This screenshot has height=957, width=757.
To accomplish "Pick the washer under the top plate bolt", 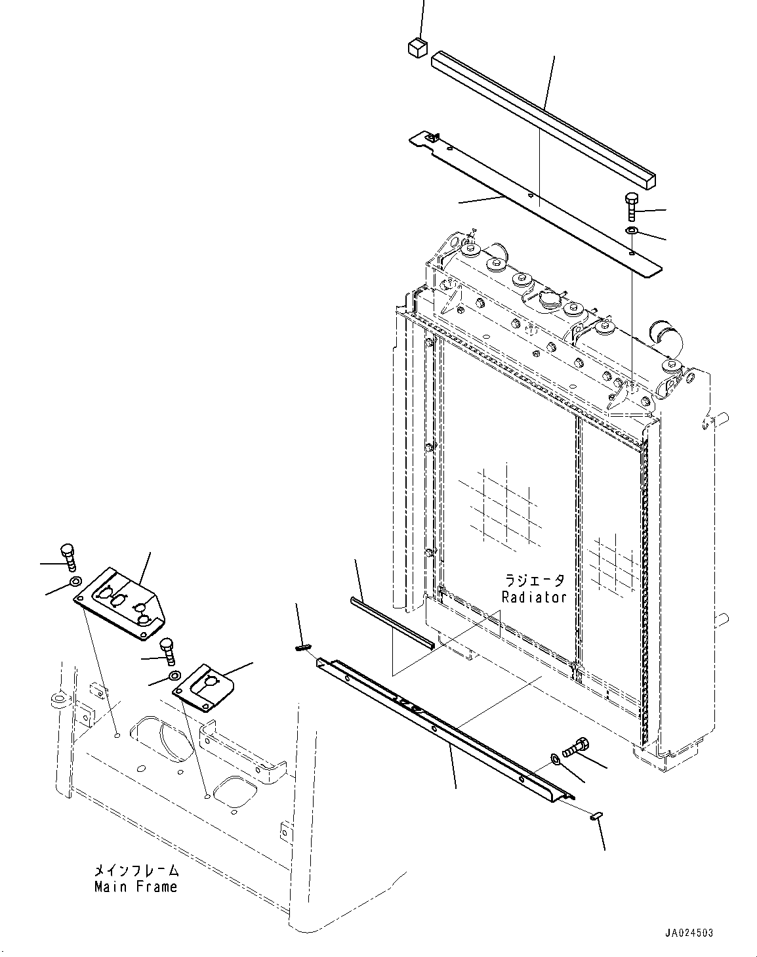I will (632, 230).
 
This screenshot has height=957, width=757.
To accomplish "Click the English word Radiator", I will (533, 597).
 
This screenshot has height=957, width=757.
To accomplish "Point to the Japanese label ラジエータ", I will (534, 581).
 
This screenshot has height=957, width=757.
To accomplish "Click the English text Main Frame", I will (136, 887).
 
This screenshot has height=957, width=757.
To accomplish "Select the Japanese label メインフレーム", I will (136, 871).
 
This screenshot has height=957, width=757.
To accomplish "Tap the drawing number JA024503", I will (688, 933).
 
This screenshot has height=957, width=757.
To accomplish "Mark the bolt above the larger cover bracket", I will (68, 557).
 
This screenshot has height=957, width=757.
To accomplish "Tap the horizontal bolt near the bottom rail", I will (575, 746).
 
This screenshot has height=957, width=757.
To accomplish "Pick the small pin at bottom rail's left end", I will (302, 648).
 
